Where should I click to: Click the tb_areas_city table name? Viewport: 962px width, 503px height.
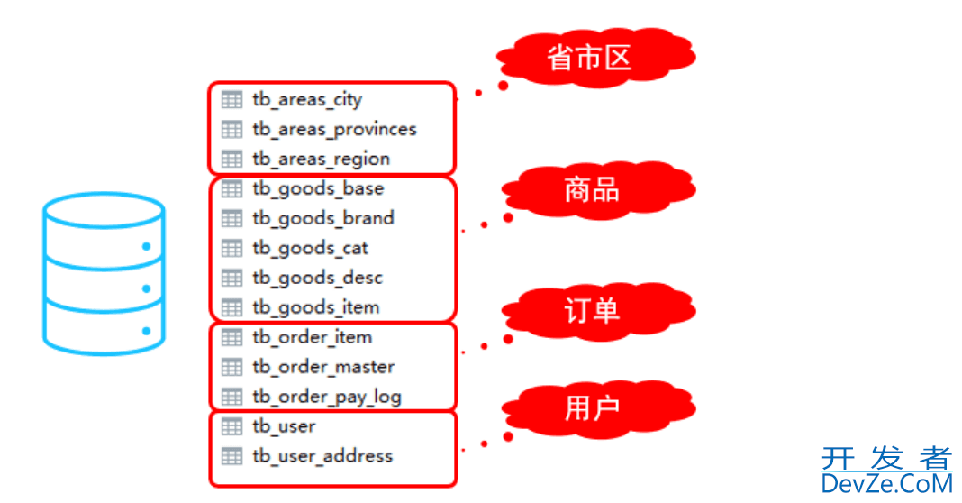tap(307, 99)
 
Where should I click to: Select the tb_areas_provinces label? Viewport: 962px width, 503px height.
tap(334, 129)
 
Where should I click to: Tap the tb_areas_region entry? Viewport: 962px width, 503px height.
tap(321, 159)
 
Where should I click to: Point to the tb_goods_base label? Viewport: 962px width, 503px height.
tap(318, 188)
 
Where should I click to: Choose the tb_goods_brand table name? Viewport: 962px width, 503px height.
tap(323, 218)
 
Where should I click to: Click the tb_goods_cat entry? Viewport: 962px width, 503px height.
tap(310, 248)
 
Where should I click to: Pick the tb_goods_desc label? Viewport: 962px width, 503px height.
tap(317, 278)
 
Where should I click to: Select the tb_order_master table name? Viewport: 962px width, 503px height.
tap(323, 367)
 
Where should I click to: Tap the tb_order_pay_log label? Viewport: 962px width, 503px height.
tap(326, 397)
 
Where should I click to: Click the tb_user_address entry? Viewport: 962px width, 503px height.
tap(322, 456)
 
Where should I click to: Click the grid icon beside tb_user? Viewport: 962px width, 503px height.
tap(231, 426)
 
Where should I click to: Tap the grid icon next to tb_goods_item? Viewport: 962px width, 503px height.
tap(231, 307)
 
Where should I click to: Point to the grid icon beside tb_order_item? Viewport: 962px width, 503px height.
tap(231, 337)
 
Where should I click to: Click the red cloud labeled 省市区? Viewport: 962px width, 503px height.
tap(595, 59)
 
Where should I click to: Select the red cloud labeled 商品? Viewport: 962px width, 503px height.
tap(598, 190)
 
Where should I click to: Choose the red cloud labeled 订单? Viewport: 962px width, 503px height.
tap(598, 311)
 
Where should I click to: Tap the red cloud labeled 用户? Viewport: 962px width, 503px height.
tap(598, 408)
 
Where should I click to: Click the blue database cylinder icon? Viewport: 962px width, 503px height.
tap(104, 274)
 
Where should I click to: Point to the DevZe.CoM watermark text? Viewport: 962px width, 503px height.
tap(886, 484)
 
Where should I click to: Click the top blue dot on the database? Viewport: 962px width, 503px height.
tap(146, 246)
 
